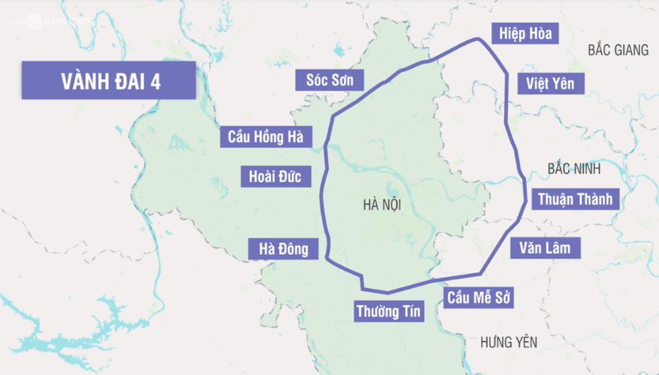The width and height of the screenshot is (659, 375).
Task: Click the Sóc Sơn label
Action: click(x=335, y=79)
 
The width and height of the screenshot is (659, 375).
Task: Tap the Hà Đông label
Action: click(x=283, y=249)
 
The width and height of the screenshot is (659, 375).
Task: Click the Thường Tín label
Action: click(x=389, y=310)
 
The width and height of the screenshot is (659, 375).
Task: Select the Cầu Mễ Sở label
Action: click(x=478, y=298)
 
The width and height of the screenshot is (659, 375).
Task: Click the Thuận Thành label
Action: click(x=576, y=199)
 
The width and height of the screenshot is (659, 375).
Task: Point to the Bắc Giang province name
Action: click(x=618, y=50)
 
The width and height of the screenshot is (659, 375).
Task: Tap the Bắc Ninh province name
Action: click(x=574, y=169)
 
